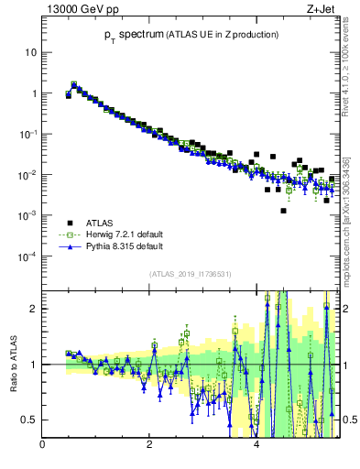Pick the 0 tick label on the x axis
tap(42, 445)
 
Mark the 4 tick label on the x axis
tap(256, 445)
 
